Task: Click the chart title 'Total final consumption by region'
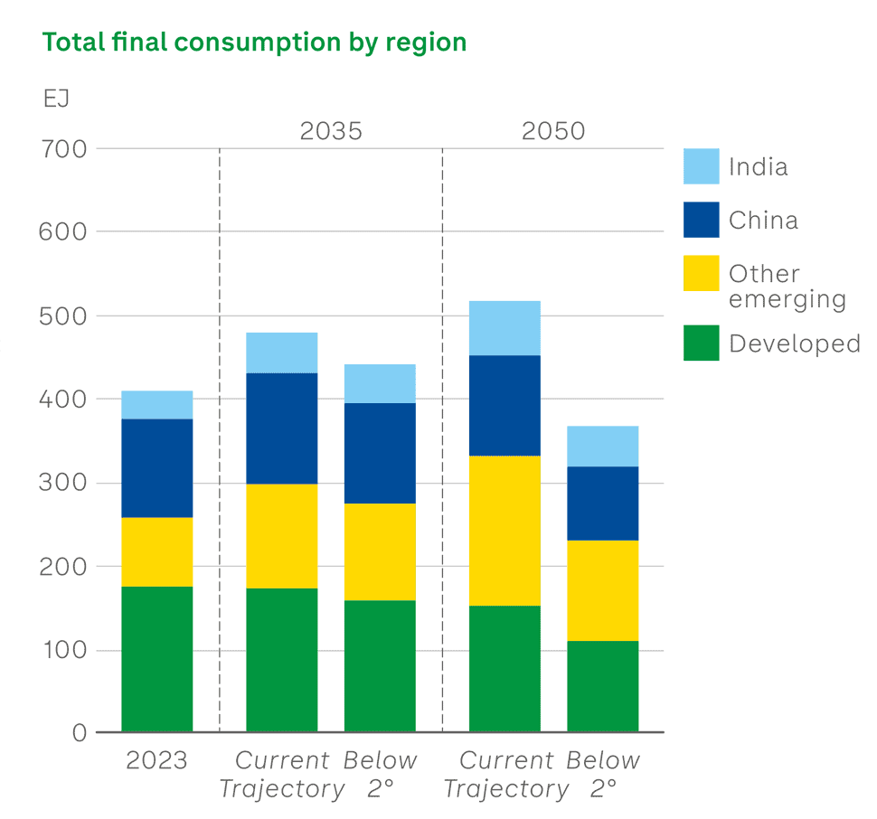[x=255, y=42]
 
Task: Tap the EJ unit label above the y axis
[x=56, y=99]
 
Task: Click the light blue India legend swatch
[x=702, y=166]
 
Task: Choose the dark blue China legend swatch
[x=702, y=220]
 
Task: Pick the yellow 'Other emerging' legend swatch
[x=702, y=274]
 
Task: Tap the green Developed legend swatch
[x=702, y=343]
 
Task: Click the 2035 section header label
[x=331, y=131]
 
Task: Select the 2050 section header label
[x=553, y=131]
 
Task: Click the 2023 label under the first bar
[x=156, y=761]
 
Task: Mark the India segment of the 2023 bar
[x=157, y=405]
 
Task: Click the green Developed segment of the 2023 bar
[x=157, y=659]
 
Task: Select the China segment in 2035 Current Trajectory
[x=282, y=428]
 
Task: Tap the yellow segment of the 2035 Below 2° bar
[x=380, y=551]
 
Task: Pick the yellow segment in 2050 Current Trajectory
[x=505, y=531]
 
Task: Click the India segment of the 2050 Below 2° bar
[x=602, y=447]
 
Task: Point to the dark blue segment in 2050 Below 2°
[x=602, y=504]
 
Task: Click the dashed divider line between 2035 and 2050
[x=442, y=434]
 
